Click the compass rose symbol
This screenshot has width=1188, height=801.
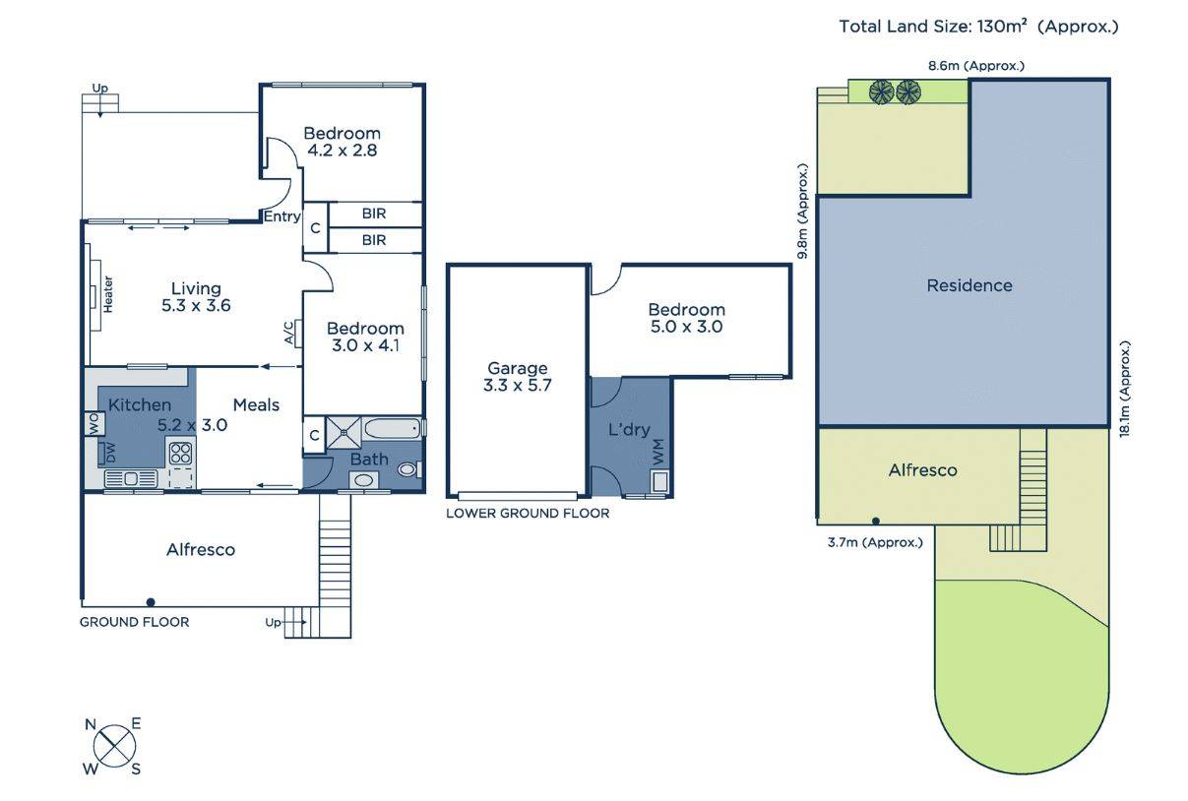[x=114, y=746]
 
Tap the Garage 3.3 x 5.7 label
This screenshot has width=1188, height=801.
[x=518, y=377]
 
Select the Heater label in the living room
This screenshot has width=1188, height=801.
[x=107, y=293]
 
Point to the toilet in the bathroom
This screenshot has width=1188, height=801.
[x=407, y=471]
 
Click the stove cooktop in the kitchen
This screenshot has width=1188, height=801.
[x=181, y=454]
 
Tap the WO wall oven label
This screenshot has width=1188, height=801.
[x=93, y=424]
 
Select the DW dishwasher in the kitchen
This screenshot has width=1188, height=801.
[x=109, y=454]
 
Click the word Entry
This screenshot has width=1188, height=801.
[x=281, y=216]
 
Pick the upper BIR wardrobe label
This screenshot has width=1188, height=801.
[x=374, y=214]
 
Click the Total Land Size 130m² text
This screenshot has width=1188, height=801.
[x=978, y=27]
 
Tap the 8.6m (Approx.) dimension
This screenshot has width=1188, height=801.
[x=976, y=66]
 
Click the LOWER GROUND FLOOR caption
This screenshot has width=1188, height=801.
[x=528, y=513]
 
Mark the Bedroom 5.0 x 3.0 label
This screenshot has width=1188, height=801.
[x=686, y=318]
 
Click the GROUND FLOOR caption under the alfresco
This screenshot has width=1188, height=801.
[x=134, y=621]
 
